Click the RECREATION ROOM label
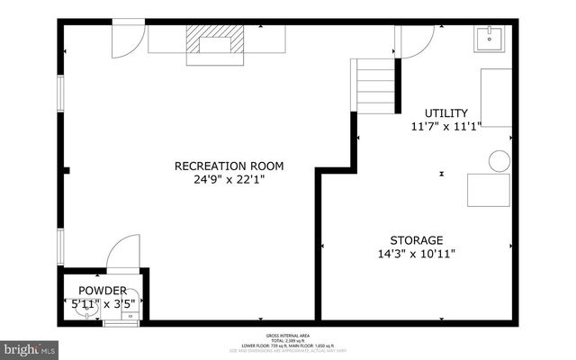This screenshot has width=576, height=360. pyautogui.click(x=229, y=166)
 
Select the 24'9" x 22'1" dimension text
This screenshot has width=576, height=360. pyautogui.click(x=229, y=179)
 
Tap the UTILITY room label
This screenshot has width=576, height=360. pyautogui.click(x=446, y=112)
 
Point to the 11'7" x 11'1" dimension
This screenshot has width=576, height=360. pyautogui.click(x=446, y=126)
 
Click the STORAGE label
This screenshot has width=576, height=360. pyautogui.click(x=416, y=240)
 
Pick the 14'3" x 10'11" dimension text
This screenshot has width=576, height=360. pyautogui.click(x=416, y=254)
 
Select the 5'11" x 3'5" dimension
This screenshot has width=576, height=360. pyautogui.click(x=103, y=303)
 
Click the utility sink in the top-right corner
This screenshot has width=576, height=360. pyautogui.click(x=490, y=38)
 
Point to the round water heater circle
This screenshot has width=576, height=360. pyautogui.click(x=499, y=161)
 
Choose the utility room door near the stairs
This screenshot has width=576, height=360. pyautogui.click(x=416, y=40)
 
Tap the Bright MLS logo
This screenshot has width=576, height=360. pyautogui.click(x=29, y=347)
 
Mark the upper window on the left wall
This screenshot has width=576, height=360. pyautogui.click(x=61, y=94)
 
